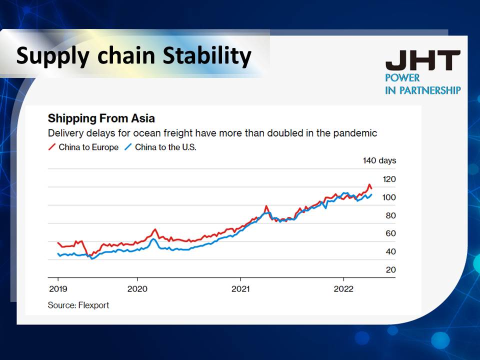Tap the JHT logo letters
(422, 61)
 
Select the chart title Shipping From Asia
(101, 118)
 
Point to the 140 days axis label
(379, 160)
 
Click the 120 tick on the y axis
(388, 179)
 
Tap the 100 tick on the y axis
(388, 197)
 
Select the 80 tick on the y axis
(389, 215)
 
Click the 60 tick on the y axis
(389, 233)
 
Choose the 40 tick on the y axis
(389, 251)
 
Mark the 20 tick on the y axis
(389, 270)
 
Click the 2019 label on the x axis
(58, 289)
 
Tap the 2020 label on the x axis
(137, 289)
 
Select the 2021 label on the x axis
(240, 289)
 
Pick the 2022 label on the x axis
(343, 289)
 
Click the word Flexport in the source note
(93, 305)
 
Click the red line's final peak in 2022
(369, 184)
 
